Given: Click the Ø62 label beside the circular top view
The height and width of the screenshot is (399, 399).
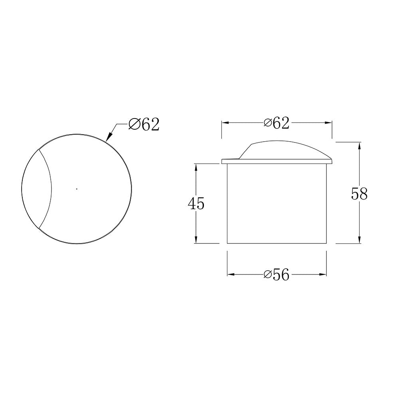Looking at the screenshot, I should [x=144, y=125].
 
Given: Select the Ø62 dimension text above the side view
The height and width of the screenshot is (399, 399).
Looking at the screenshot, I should [x=277, y=123].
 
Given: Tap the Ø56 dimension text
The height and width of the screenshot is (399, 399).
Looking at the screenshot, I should [x=277, y=275].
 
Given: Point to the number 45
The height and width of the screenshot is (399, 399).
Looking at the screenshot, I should [x=196, y=204].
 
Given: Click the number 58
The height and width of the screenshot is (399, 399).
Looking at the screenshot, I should [x=359, y=194].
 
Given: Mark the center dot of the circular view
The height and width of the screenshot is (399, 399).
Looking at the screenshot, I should [x=77, y=189].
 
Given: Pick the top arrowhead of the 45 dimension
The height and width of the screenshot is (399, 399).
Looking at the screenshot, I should [x=196, y=167].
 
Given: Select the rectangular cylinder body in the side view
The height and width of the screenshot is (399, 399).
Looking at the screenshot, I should [x=277, y=203].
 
